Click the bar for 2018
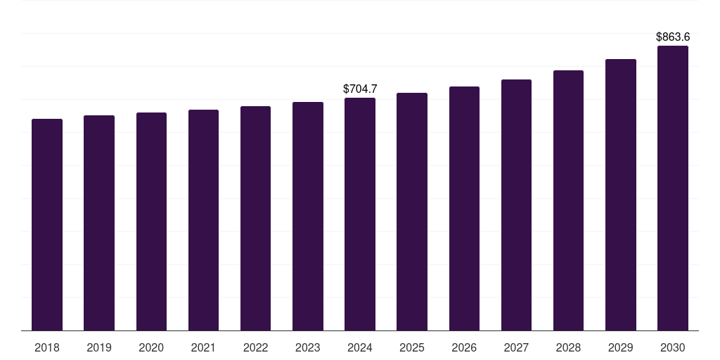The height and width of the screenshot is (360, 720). click(x=47, y=225)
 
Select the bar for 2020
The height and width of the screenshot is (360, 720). click(x=151, y=221)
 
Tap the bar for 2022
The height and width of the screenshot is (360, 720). click(x=255, y=218)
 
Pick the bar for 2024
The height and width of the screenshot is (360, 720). click(x=360, y=214)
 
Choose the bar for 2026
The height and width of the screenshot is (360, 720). click(x=464, y=209)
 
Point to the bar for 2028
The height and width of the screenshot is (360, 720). click(x=568, y=200)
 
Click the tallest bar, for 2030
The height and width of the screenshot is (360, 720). click(x=672, y=188)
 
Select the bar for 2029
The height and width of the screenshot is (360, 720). click(x=620, y=195)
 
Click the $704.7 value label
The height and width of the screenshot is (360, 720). click(x=360, y=89)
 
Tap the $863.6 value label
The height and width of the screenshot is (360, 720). click(x=673, y=37)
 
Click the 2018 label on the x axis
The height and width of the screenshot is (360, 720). click(x=47, y=347)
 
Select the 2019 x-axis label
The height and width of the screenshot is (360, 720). click(x=99, y=347)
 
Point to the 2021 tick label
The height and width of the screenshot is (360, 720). click(x=203, y=347)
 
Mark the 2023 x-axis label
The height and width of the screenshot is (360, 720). click(x=308, y=347)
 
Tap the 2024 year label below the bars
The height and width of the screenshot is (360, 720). click(x=360, y=347)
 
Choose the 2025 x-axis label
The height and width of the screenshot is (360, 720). click(x=412, y=347)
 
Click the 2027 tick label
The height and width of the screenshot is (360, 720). click(x=516, y=347)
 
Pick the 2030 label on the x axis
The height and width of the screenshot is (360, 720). click(x=672, y=347)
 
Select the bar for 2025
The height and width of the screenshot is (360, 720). click(x=412, y=212)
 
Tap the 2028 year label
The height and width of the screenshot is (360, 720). click(x=568, y=347)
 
